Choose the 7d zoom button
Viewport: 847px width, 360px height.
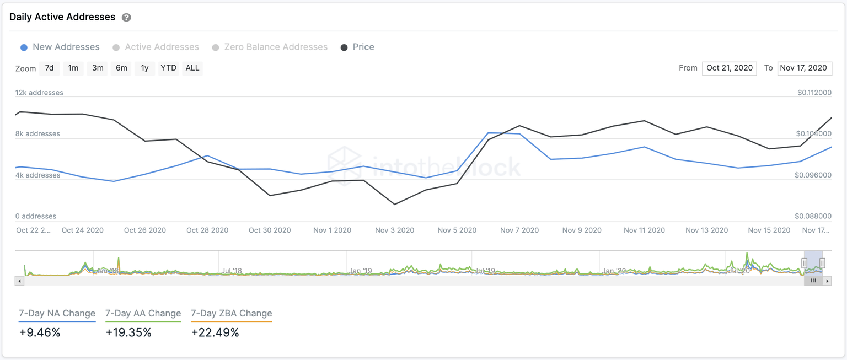(49, 68)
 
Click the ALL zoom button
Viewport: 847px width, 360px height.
(192, 68)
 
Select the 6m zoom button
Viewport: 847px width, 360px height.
(121, 68)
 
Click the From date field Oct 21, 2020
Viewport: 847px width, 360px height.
(729, 68)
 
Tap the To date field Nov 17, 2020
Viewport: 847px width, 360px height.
(805, 68)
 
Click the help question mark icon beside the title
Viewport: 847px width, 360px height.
(126, 18)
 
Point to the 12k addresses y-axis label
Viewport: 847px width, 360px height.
(39, 93)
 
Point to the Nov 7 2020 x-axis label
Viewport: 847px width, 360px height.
(519, 230)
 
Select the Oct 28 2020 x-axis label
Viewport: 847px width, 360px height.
(207, 230)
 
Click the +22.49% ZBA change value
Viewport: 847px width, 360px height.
(215, 332)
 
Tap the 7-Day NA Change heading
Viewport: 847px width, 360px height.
(57, 314)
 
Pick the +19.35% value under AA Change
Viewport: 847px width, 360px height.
(128, 332)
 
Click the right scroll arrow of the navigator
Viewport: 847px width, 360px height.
(827, 281)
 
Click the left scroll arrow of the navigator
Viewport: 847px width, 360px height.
(19, 281)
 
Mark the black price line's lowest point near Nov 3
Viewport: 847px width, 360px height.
(395, 205)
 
